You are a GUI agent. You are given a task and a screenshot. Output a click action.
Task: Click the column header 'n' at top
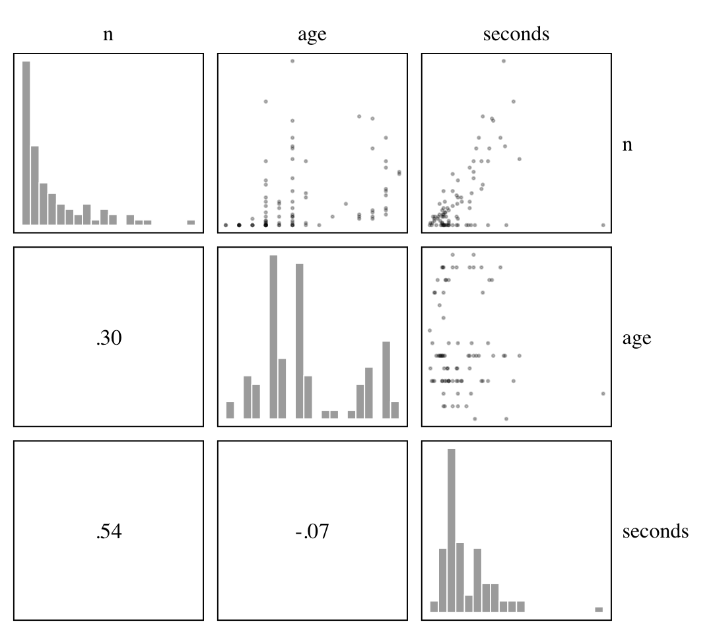click(108, 34)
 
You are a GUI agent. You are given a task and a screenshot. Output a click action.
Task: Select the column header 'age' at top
click(312, 34)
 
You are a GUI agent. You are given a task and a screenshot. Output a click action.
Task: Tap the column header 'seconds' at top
click(516, 34)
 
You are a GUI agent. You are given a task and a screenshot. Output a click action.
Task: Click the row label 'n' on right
click(627, 145)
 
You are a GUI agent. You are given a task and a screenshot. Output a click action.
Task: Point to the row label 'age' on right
click(636, 338)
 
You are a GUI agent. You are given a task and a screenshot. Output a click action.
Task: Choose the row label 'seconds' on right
click(655, 531)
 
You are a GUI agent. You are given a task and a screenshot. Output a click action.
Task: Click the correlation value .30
click(108, 338)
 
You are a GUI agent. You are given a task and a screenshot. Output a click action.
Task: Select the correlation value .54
click(108, 532)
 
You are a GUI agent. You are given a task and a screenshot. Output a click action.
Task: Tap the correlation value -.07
click(312, 532)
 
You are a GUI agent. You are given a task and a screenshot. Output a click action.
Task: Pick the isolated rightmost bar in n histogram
click(191, 223)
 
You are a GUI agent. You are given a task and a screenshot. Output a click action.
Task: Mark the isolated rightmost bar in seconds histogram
click(599, 610)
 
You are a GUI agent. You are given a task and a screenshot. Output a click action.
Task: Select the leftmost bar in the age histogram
click(230, 410)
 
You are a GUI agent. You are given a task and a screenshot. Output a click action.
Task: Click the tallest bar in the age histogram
click(273, 337)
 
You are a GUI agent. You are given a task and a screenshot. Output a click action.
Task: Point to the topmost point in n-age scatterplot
click(292, 61)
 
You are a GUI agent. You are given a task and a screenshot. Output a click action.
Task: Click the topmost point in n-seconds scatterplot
click(504, 61)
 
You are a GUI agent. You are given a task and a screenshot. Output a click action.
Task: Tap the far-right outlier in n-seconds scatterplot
click(603, 225)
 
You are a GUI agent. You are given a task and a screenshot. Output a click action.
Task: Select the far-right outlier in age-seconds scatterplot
click(603, 394)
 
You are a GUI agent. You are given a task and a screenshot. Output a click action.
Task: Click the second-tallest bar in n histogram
click(35, 185)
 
